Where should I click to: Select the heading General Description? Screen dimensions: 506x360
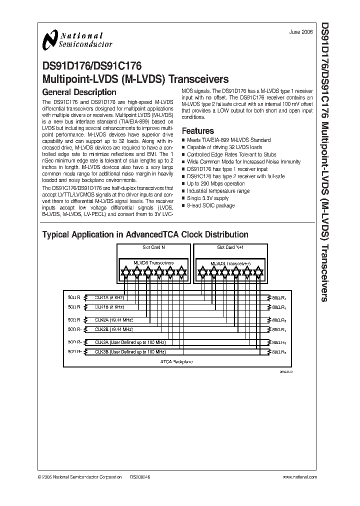coord(79,92)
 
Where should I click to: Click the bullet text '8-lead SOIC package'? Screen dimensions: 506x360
coord(210,205)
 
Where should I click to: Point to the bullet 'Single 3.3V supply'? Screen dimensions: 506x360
coord(208,198)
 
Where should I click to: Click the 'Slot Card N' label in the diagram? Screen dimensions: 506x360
coord(153,247)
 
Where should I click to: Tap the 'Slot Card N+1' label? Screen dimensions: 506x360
coord(229,247)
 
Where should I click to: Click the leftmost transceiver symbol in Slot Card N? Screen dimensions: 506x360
coord(125,271)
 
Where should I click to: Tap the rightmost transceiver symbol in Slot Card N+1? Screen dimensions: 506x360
coord(258,271)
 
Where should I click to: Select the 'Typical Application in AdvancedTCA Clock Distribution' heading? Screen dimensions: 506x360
coord(145,234)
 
